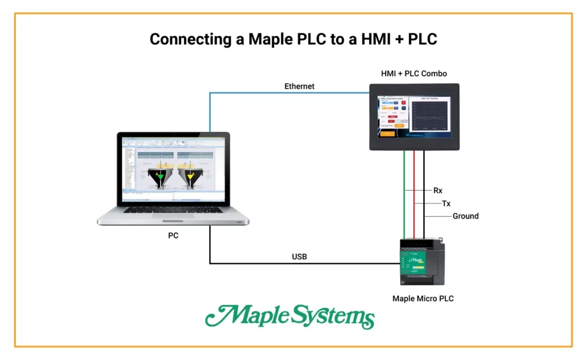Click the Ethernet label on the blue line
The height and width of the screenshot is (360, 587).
pos(299,87)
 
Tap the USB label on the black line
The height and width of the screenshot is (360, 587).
pos(299,257)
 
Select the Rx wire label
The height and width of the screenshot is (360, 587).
pos(438,190)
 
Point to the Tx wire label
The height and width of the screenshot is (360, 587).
pos(446,204)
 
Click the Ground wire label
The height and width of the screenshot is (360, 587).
pos(465,216)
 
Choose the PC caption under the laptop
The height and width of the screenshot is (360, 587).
pos(173,235)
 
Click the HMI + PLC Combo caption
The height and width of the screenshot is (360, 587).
pos(414,73)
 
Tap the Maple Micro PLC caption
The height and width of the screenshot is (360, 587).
pos(423,298)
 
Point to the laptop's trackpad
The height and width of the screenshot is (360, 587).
pos(173,220)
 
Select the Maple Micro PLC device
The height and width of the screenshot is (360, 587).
pos(421,261)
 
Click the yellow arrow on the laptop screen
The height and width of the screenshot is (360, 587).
pos(190,177)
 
